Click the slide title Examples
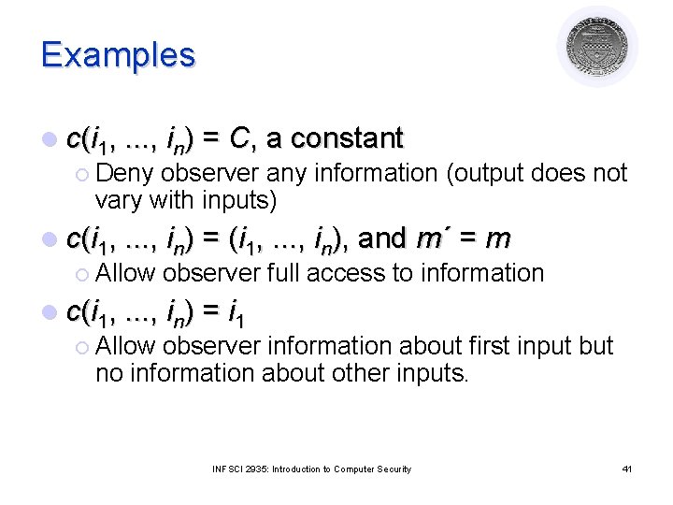[118, 54]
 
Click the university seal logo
[597, 46]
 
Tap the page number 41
[626, 469]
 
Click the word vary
[118, 200]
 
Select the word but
[595, 346]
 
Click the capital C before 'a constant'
[239, 139]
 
